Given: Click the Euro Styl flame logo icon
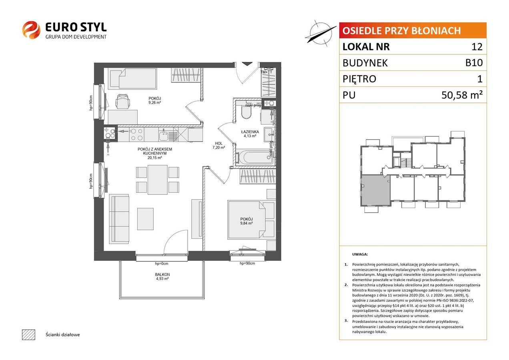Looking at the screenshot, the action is (x=31, y=30).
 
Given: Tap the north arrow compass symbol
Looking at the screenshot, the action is (x=321, y=34).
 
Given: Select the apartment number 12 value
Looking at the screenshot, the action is (x=477, y=46).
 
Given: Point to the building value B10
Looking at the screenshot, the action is (x=474, y=62).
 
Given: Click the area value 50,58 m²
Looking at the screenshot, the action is (x=462, y=95).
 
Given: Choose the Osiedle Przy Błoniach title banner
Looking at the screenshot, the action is (x=413, y=30).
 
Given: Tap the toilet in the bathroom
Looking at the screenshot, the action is (x=246, y=112).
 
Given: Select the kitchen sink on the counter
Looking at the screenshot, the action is (x=163, y=135).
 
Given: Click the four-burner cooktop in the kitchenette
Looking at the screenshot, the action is (x=136, y=134).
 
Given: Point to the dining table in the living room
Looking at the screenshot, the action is (x=158, y=180).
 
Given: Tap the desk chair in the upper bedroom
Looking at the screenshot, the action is (x=123, y=101).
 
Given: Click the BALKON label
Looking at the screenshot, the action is (x=162, y=274).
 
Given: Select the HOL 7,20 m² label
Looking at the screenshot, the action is (x=218, y=145).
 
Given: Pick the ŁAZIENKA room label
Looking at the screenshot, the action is (x=250, y=132).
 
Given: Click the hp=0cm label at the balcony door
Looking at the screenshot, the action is (x=162, y=264).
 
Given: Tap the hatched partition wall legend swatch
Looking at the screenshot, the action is (x=29, y=335).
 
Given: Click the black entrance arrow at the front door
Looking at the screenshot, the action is (x=247, y=64).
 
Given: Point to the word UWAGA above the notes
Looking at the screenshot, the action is (x=360, y=254).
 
